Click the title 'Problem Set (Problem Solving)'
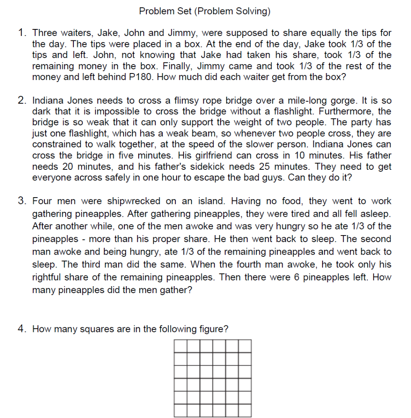click(204, 11)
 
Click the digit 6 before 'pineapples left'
click(296, 277)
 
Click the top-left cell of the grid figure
click(181, 346)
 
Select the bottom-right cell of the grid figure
click(245, 410)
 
